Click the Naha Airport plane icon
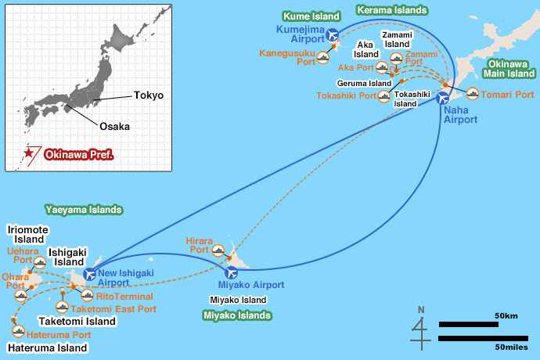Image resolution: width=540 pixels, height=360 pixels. click(x=444, y=99)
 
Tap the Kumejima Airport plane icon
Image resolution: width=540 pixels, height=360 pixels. click(x=333, y=34)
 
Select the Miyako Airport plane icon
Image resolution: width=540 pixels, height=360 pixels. click(x=232, y=273)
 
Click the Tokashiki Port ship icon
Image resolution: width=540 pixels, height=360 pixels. click(x=383, y=97)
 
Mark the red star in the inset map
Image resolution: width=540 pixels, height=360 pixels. click(x=29, y=154)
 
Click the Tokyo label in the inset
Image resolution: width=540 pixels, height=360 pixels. click(x=149, y=95)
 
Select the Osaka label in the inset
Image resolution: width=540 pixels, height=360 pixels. click(x=114, y=125)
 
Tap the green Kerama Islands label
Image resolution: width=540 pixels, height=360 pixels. click(x=391, y=10)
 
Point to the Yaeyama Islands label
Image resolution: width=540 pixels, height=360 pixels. click(x=83, y=210)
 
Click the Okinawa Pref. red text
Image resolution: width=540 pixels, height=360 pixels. click(x=79, y=155)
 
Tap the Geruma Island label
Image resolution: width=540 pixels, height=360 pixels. click(x=364, y=83)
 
